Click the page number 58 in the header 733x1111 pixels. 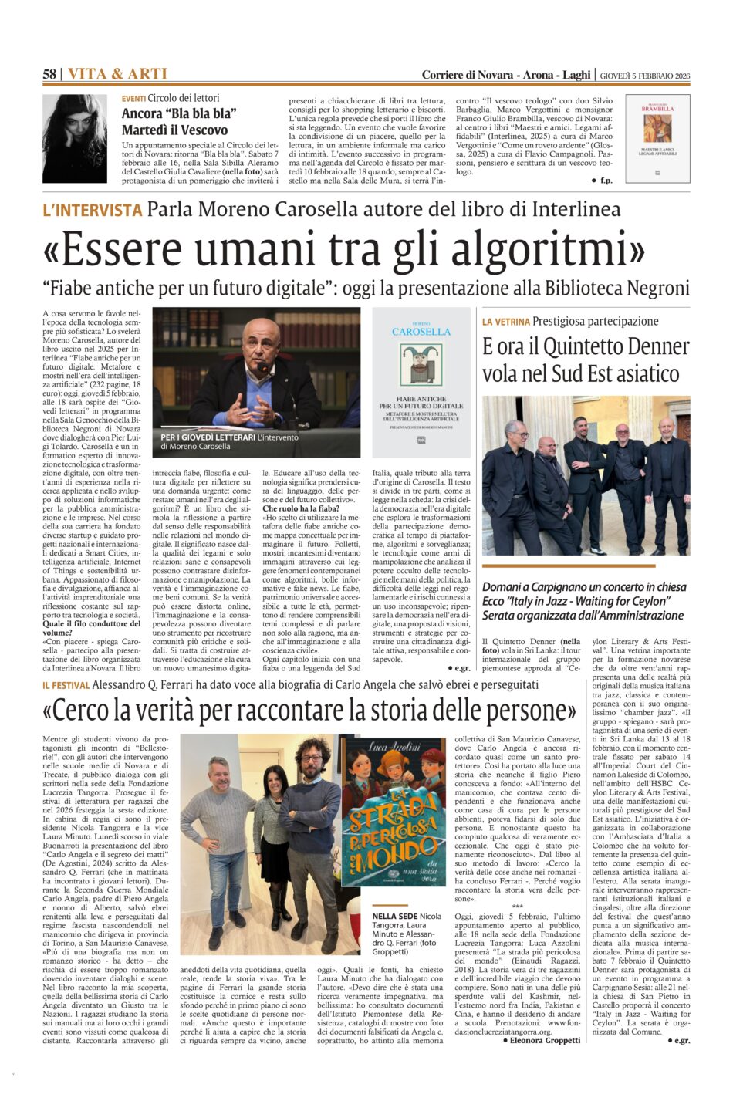point(49,74)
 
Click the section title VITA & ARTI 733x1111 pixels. point(117,74)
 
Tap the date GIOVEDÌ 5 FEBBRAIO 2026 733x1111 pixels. point(646,75)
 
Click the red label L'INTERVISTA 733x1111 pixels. point(92,209)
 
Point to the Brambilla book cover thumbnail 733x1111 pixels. point(657,139)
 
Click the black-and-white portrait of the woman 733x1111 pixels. point(75,139)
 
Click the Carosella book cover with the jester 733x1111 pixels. point(421,383)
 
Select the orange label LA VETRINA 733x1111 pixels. point(505,321)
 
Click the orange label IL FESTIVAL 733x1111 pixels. point(67,684)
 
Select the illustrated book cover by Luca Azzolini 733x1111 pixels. point(394,822)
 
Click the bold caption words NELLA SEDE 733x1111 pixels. point(395,916)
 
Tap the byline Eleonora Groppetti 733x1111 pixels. point(546,1040)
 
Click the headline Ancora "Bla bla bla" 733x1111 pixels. point(178,113)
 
